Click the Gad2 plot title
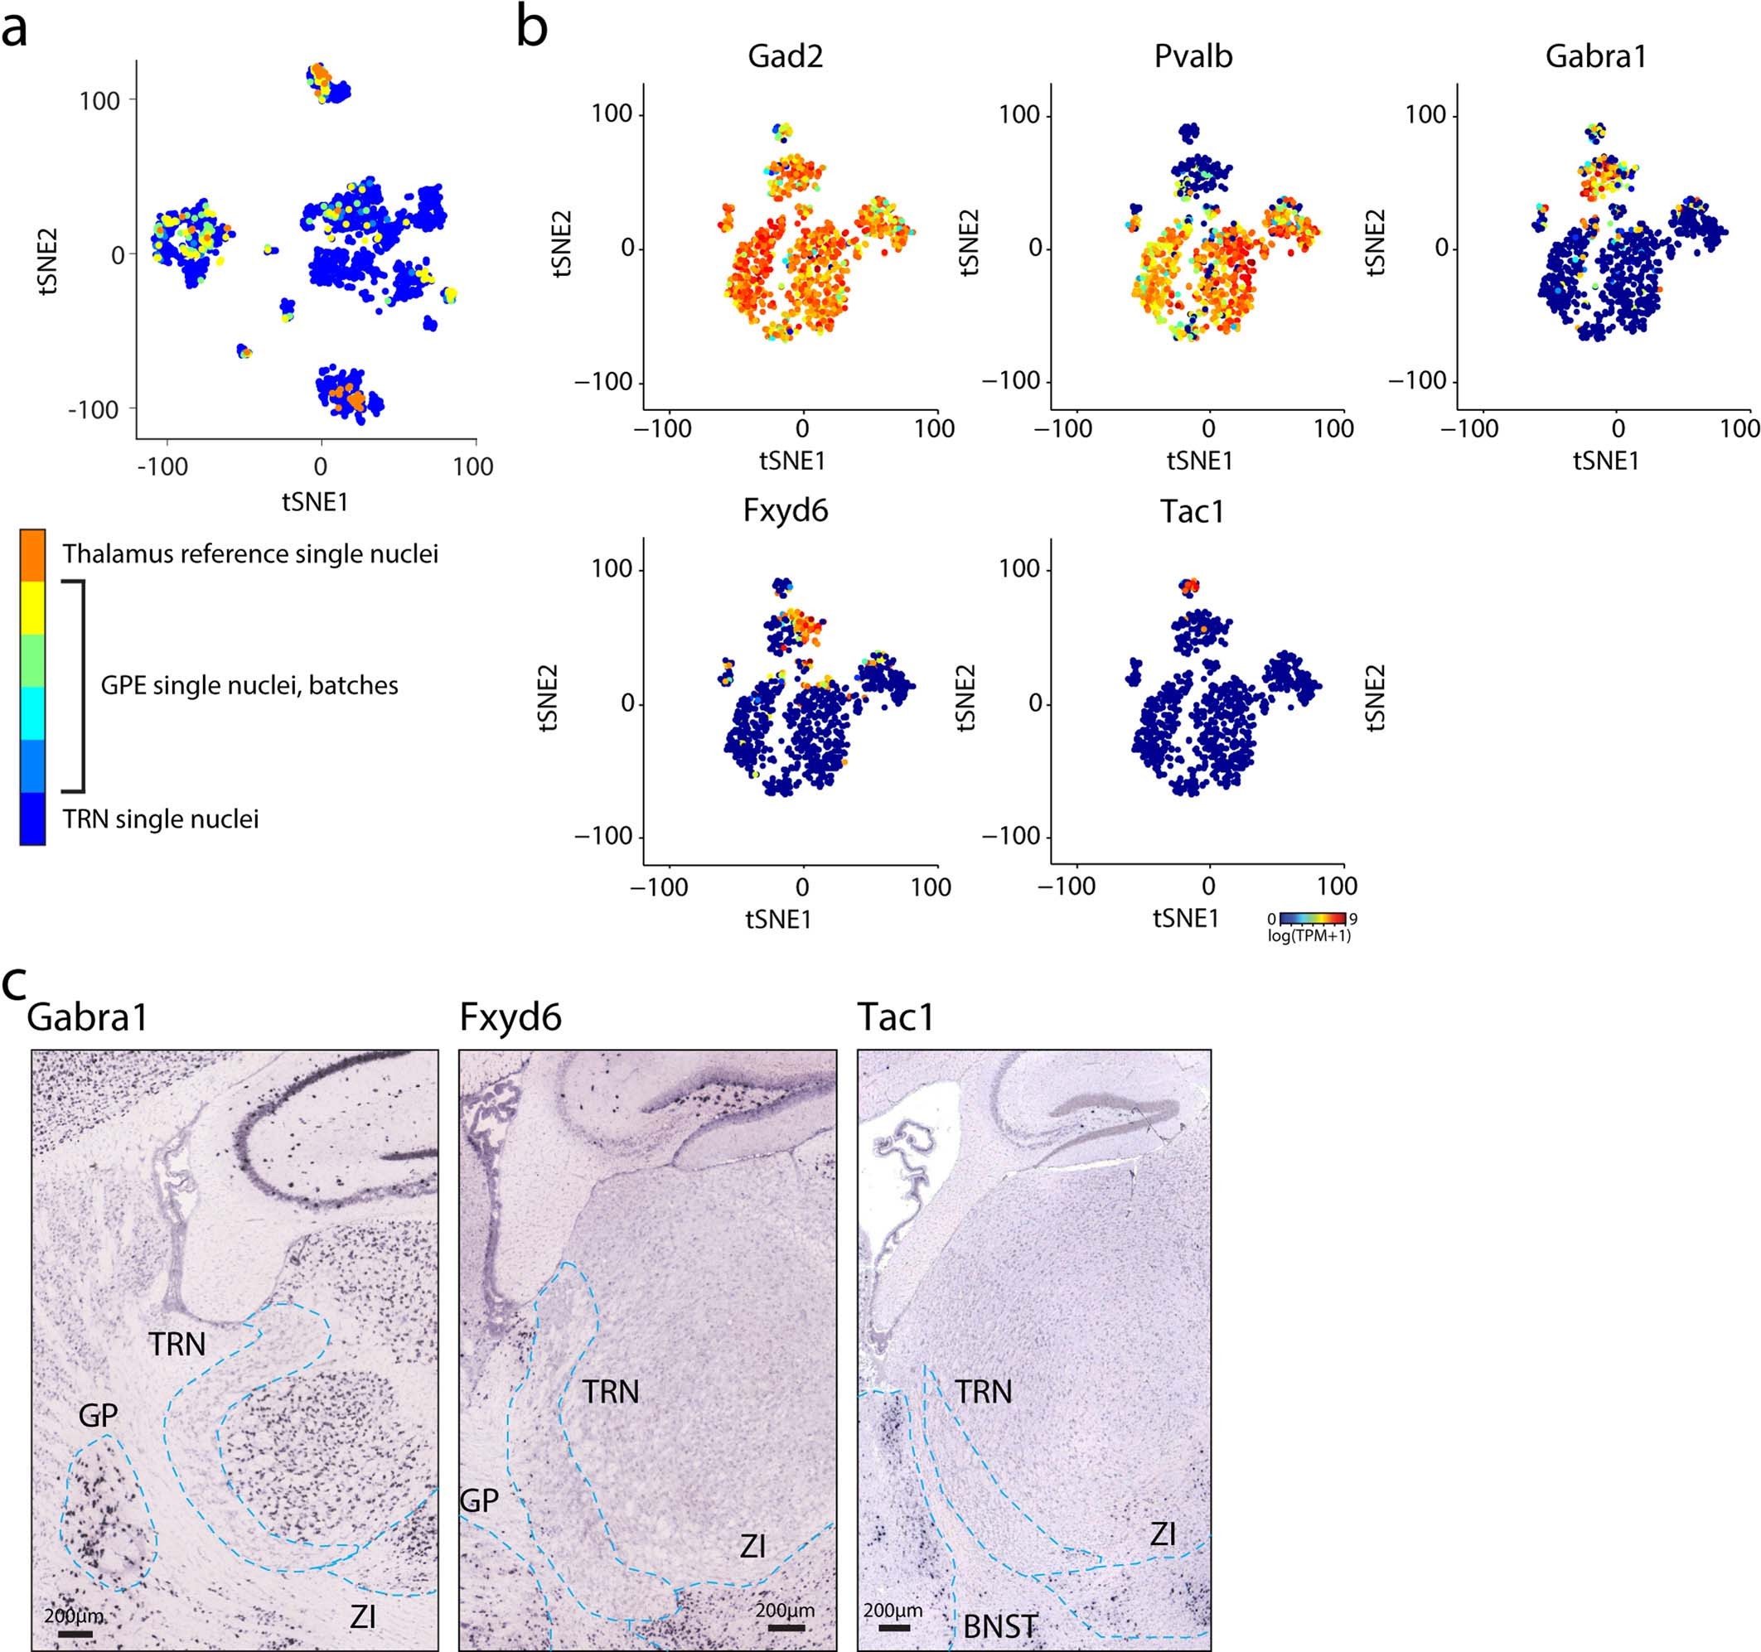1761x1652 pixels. [x=785, y=56]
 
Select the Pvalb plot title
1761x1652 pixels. [x=1193, y=56]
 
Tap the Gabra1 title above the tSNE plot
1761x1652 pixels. [x=1595, y=56]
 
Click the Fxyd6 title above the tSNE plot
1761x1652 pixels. [x=785, y=511]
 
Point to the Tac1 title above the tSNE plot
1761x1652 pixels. [x=1193, y=511]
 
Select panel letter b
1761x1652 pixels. [x=531, y=28]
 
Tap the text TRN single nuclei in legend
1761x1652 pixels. [x=160, y=819]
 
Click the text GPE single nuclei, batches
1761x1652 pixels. [x=249, y=684]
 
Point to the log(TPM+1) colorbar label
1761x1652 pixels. [x=1309, y=935]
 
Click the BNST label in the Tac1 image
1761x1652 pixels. [x=1000, y=1626]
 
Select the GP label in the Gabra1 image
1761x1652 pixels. [x=98, y=1416]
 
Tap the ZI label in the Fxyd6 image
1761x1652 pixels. [x=752, y=1547]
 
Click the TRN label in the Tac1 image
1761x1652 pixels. [x=983, y=1392]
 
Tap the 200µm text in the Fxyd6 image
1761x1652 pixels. [x=784, y=1610]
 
